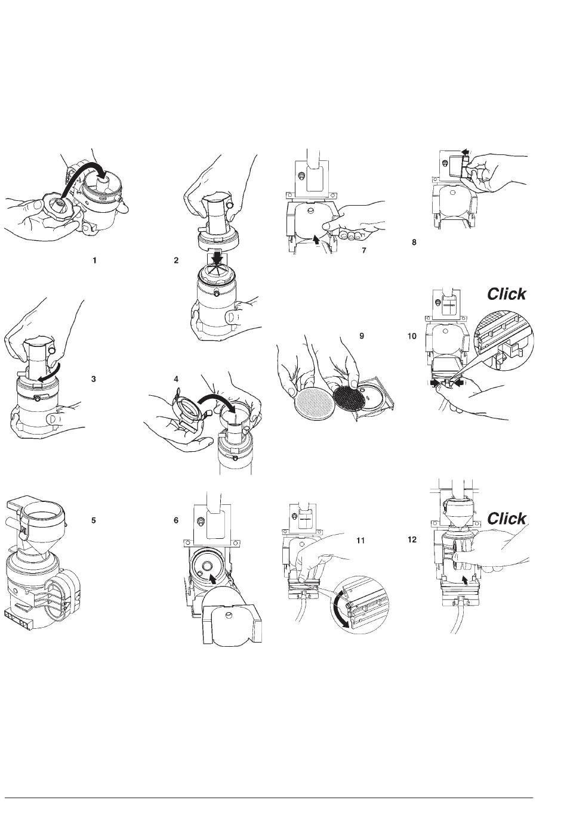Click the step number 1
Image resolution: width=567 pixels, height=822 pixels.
tap(94, 260)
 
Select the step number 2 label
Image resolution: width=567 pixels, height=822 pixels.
tap(176, 260)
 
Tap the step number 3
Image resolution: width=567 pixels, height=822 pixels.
tap(93, 379)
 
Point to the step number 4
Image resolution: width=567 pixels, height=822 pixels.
tap(176, 379)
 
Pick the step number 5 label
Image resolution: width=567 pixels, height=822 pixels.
tap(93, 520)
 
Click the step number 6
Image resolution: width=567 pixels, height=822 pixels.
tap(176, 520)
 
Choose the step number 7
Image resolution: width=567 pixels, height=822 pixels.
tap(364, 250)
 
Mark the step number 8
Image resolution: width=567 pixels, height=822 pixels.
tap(414, 242)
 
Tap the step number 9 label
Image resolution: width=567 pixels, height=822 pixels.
tap(362, 336)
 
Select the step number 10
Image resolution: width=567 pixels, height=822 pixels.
tap(412, 336)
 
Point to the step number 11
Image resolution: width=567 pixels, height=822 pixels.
tap(360, 541)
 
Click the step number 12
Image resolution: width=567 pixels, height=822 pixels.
tap(412, 539)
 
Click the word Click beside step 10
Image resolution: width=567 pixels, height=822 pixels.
tap(506, 294)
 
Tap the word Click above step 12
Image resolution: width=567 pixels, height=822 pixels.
tap(506, 519)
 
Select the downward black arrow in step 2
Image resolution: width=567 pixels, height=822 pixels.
tap(218, 258)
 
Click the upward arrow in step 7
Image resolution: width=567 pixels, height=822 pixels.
tap(315, 240)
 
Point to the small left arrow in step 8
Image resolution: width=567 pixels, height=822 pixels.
tap(465, 151)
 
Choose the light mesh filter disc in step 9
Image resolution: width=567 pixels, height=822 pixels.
tap(315, 401)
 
